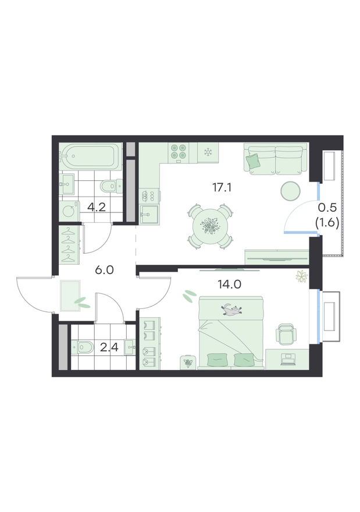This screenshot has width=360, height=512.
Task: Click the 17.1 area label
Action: (222, 187)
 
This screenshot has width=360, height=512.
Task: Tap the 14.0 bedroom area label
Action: (230, 285)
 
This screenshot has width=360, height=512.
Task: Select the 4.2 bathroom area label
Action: (97, 207)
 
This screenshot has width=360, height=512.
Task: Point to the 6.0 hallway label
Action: (105, 270)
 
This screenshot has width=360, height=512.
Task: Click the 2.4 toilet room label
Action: (109, 348)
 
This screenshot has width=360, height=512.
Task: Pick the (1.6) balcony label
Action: (327, 223)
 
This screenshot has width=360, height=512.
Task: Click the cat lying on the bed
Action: (232, 309)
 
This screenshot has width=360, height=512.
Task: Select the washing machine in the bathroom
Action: (69, 212)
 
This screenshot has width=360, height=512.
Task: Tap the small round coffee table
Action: (290, 190)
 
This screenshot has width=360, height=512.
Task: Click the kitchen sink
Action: (149, 215)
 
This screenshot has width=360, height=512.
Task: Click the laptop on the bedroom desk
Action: (287, 359)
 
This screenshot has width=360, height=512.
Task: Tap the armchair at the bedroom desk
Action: (286, 334)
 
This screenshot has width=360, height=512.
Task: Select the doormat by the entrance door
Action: (70, 296)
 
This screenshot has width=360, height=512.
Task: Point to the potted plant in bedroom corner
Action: (302, 276)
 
